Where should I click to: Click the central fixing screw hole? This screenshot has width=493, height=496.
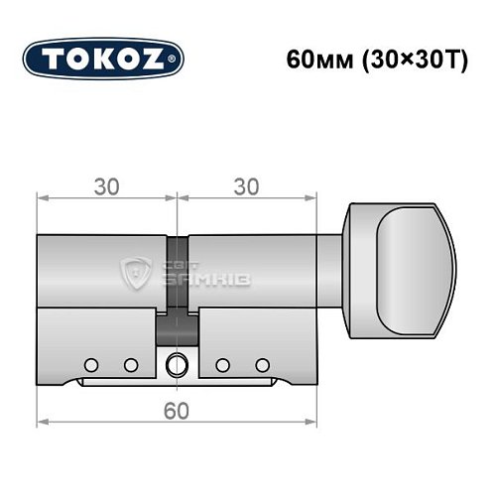point(179,362)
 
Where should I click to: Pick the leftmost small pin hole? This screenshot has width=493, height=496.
point(91,362)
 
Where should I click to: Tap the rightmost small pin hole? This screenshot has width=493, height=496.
point(263,362)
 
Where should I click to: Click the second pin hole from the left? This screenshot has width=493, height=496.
point(129,362)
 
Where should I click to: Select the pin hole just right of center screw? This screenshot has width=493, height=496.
point(224,362)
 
